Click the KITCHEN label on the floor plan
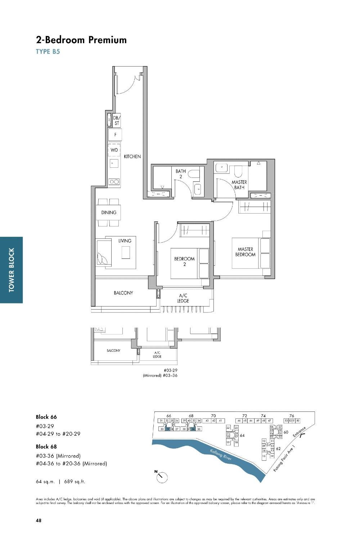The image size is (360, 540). point(132,157)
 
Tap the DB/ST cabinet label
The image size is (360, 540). point(116,121)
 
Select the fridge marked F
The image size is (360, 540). point(115,135)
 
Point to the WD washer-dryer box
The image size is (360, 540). point(114,150)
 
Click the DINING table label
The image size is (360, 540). point(108,212)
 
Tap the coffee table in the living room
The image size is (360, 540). point(125,252)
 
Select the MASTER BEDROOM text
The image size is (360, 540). point(245,252)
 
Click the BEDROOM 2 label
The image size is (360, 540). point(184,261)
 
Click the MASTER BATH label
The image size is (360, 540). point(239,185)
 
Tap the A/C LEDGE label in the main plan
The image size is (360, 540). point(183,298)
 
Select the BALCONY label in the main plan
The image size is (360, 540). point(123,293)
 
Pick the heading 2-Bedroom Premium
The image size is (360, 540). point(81,40)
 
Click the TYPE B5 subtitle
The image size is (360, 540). point(48,51)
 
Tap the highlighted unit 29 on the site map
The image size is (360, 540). point(167,429)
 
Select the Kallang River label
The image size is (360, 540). point(220,455)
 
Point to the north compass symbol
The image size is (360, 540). point(162,477)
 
